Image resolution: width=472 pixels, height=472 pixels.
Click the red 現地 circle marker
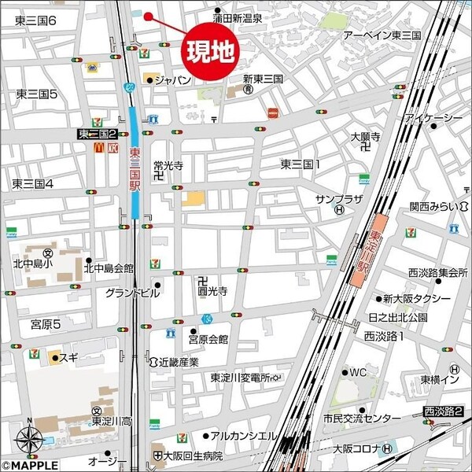click(x=209, y=51)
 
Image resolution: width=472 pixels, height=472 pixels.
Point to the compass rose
click(x=29, y=437)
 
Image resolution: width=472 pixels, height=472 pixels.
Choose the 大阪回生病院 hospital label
click(x=194, y=456)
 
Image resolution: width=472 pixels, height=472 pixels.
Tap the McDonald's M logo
click(x=99, y=147)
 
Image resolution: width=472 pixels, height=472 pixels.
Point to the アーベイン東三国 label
click(x=382, y=35)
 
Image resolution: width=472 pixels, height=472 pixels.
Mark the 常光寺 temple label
click(x=168, y=166)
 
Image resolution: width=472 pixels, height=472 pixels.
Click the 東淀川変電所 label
click(x=240, y=378)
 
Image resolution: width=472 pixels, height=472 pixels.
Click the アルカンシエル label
click(x=245, y=436)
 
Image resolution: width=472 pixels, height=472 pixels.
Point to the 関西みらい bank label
click(x=433, y=207)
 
